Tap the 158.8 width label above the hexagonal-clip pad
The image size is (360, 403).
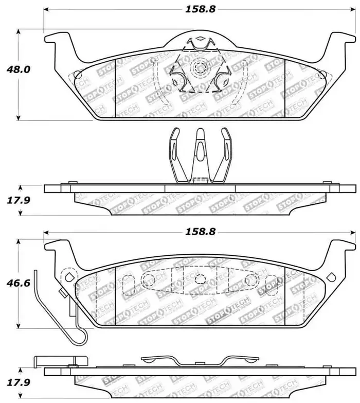[197, 9]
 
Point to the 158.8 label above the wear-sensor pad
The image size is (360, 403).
[197, 232]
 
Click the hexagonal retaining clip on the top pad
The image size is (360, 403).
[197, 67]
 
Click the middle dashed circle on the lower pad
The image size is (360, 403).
[199, 278]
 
